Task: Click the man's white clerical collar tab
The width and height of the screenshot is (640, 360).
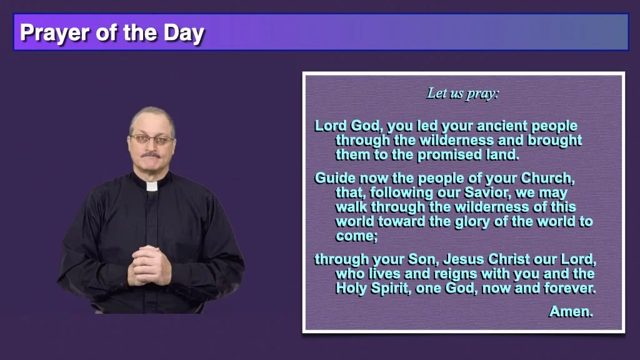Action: coord(152,186)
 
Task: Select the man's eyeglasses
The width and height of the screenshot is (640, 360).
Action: coord(152,139)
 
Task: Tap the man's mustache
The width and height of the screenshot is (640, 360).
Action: coord(151,155)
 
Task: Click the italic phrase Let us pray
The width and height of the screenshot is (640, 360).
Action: coord(462,94)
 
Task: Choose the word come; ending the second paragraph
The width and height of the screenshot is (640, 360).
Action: coord(356,236)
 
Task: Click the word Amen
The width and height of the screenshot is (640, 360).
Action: coord(571,312)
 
